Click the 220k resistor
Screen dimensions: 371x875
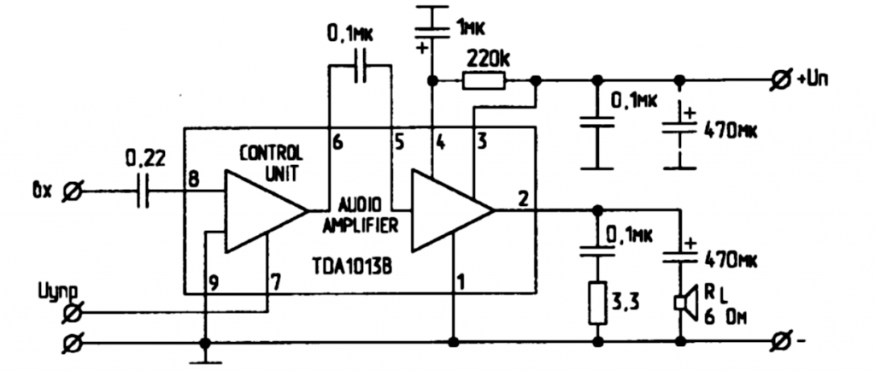coord(484,81)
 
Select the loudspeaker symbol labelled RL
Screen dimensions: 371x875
coord(681,303)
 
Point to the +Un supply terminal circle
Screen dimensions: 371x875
coord(778,81)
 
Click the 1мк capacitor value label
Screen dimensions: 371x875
coord(471,28)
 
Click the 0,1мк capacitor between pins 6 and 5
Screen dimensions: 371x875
coord(359,68)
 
